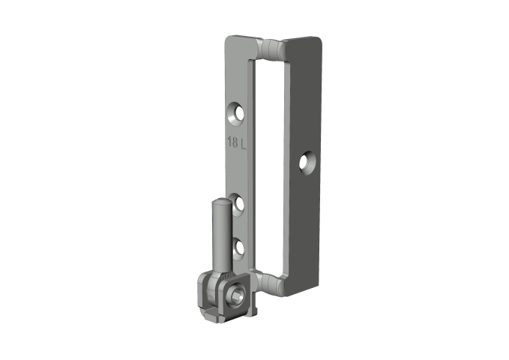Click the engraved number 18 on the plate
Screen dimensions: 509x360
click(232, 142)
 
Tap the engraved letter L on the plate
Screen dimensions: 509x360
click(243, 143)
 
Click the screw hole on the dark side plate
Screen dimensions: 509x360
click(307, 162)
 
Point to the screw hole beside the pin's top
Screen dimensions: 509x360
click(238, 204)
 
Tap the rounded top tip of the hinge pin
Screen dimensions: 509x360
click(222, 202)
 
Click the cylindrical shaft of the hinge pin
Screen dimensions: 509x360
click(223, 237)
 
